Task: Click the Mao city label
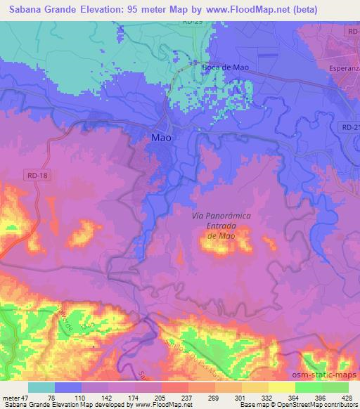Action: point(162,138)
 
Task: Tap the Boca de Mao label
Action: point(225,67)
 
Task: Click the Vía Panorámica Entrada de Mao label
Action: point(221,226)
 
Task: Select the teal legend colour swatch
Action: point(41,387)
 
